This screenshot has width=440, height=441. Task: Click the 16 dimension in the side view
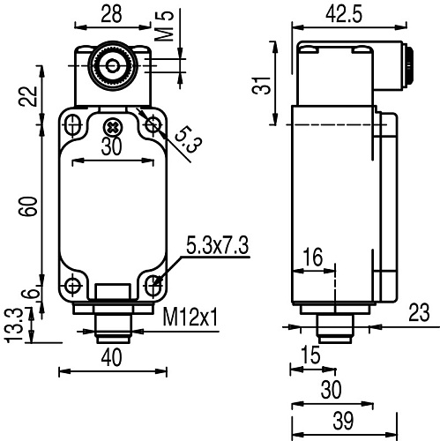tap(313, 258)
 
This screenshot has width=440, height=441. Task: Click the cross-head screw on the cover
tap(111, 125)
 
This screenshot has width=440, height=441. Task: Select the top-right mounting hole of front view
tap(153, 125)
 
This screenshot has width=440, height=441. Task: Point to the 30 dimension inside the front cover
tap(111, 147)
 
